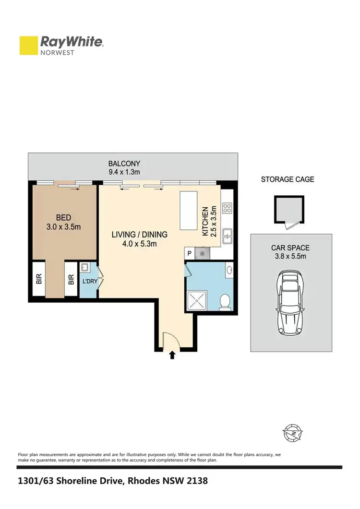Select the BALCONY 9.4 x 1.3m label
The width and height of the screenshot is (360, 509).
(x=124, y=168)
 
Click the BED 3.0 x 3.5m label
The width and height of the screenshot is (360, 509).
(x=64, y=222)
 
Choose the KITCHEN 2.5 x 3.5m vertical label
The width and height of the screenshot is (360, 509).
(x=210, y=222)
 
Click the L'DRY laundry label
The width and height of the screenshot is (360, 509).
(x=90, y=282)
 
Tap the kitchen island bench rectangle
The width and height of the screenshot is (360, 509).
(x=189, y=211)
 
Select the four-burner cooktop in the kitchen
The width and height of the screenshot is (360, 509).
(x=228, y=209)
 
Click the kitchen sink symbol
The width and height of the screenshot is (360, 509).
(x=227, y=236)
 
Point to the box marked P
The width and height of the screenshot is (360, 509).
(x=189, y=254)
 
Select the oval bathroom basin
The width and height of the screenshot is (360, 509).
(x=229, y=270)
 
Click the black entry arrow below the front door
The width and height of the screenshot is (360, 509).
(x=172, y=355)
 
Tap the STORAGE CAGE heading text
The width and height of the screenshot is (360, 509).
(x=288, y=179)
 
